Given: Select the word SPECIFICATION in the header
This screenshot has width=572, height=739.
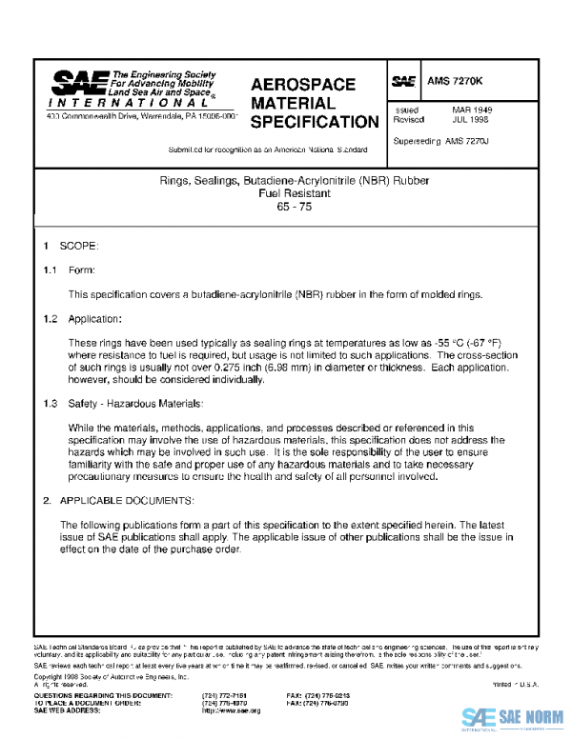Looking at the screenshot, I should [x=314, y=122].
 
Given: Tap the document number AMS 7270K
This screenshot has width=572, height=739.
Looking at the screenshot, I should [x=457, y=83].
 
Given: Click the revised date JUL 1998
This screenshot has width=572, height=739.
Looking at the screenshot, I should [x=471, y=122].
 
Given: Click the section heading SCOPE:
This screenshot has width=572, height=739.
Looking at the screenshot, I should [x=72, y=247].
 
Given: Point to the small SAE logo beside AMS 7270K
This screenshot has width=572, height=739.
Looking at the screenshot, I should [x=404, y=83].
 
